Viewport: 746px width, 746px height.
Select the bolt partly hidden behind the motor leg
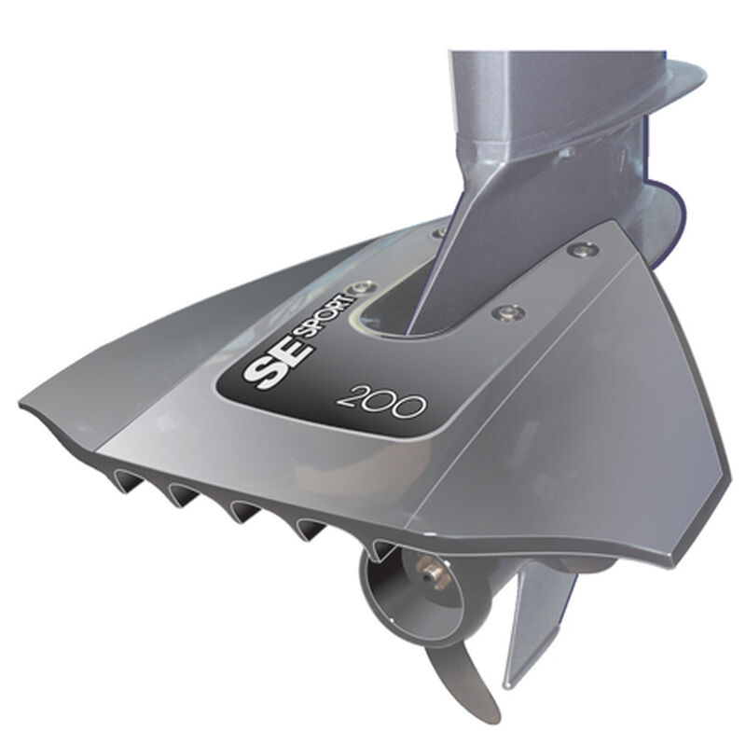pyautogui.click(x=439, y=232)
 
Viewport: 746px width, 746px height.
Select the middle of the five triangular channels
pyautogui.click(x=244, y=510)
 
